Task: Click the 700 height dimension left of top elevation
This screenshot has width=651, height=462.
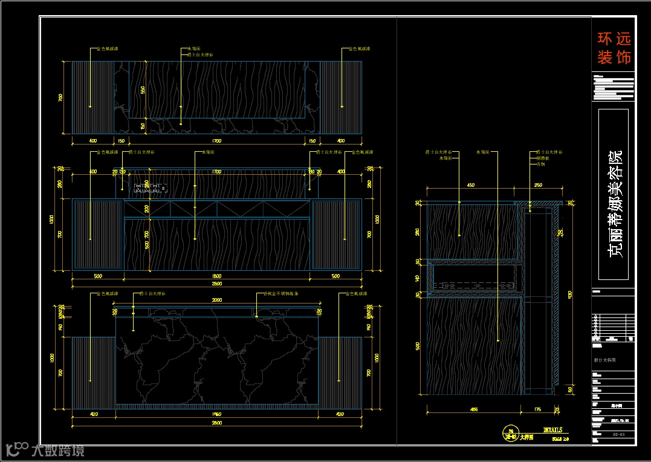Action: coord(60,97)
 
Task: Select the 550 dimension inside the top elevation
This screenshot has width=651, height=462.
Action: coord(143,89)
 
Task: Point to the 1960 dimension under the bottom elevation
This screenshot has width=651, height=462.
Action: coord(217,414)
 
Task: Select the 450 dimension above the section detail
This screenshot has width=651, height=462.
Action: coord(470,185)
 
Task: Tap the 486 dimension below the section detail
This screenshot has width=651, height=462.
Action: coord(474,409)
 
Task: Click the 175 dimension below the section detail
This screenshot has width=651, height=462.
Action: coord(537,409)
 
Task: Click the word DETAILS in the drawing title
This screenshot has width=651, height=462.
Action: coord(553,430)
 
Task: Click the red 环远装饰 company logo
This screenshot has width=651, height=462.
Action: coord(614,48)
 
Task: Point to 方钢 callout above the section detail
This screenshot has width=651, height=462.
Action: coord(541,164)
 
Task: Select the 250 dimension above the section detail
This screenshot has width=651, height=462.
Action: coord(538,185)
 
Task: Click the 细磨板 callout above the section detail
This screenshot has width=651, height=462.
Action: coord(542,158)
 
